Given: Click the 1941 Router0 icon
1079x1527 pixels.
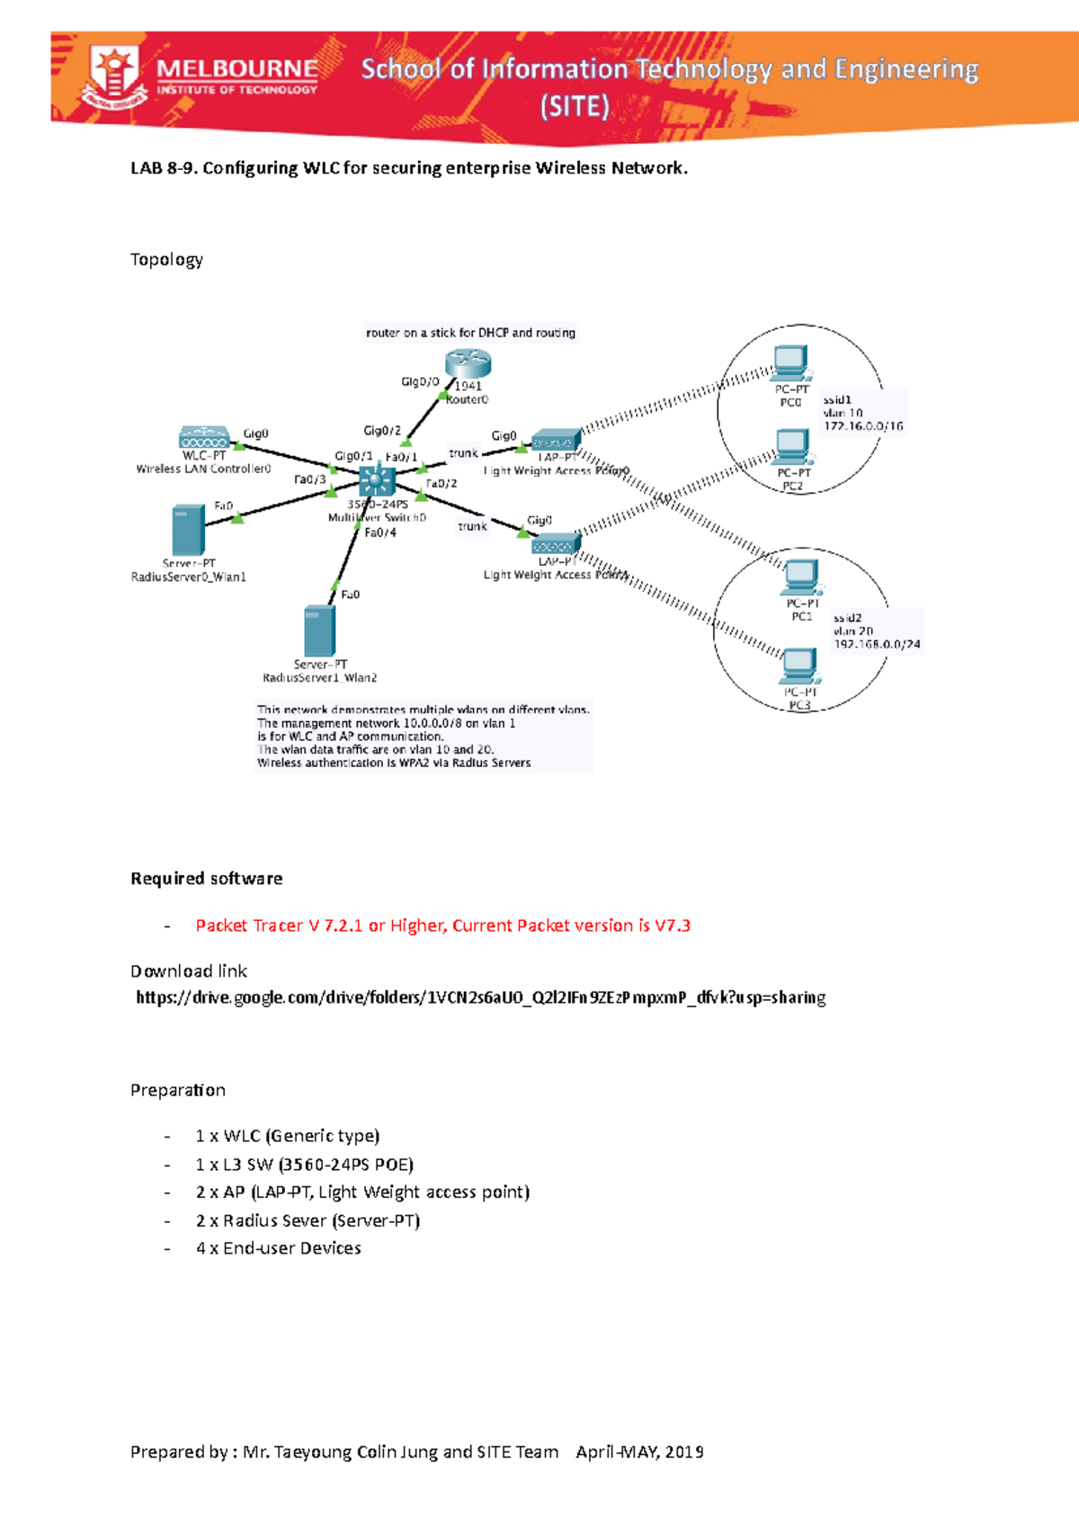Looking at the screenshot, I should click(468, 364).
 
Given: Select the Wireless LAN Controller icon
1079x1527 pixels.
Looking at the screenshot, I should click(204, 437).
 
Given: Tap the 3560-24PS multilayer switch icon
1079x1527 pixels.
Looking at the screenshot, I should click(377, 481).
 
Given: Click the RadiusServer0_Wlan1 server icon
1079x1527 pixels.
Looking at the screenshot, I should click(188, 531).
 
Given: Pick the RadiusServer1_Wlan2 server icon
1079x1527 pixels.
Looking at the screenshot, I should click(319, 630).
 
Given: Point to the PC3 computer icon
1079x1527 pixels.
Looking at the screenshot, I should click(798, 665).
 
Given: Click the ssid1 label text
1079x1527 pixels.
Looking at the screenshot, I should click(837, 399).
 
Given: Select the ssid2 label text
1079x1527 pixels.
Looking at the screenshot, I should click(847, 618).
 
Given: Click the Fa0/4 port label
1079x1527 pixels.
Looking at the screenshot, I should click(380, 532).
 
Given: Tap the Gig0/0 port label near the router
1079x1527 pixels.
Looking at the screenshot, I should click(420, 381).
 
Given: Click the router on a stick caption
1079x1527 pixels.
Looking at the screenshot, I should click(470, 333).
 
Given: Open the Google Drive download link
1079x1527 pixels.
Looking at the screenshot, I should click(480, 997).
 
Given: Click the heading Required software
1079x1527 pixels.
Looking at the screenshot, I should click(206, 879).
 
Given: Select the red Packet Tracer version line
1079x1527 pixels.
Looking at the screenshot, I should click(442, 925).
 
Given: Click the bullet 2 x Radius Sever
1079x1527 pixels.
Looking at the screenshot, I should click(308, 1220).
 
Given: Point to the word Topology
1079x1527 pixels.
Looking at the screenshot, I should click(166, 260).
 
